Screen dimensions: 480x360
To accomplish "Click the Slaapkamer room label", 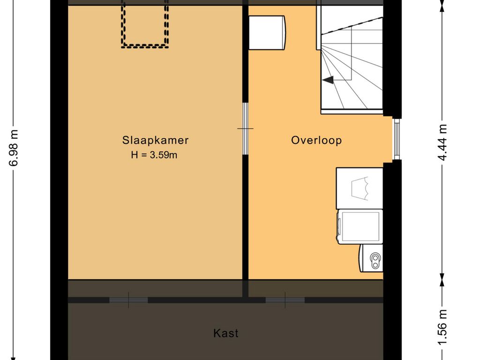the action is click(x=155, y=140).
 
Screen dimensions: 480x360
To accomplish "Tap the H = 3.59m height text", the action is click(x=154, y=155).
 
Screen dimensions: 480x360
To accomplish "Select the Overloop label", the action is click(x=316, y=140).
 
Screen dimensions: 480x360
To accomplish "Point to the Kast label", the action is click(x=225, y=333).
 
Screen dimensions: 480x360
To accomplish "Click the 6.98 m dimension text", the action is click(x=14, y=148).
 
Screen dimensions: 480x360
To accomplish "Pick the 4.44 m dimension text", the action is click(x=442, y=142).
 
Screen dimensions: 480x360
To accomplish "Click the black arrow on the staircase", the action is click(x=328, y=80).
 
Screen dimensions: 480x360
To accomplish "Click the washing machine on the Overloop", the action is click(x=360, y=226).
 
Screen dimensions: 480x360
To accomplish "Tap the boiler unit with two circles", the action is click(x=371, y=258).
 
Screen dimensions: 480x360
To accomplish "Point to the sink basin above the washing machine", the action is click(x=360, y=188).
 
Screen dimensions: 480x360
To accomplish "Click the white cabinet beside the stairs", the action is click(x=267, y=33).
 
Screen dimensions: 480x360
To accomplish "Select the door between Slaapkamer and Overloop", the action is click(x=245, y=128).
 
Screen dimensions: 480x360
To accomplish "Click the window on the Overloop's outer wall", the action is click(x=397, y=139).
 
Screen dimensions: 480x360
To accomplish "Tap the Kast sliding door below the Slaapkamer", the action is click(x=128, y=300).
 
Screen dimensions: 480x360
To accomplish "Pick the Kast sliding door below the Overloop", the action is click(x=285, y=300).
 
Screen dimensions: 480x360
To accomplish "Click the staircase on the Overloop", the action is click(x=352, y=58).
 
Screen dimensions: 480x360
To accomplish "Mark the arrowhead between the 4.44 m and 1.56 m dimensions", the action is click(x=442, y=279).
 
